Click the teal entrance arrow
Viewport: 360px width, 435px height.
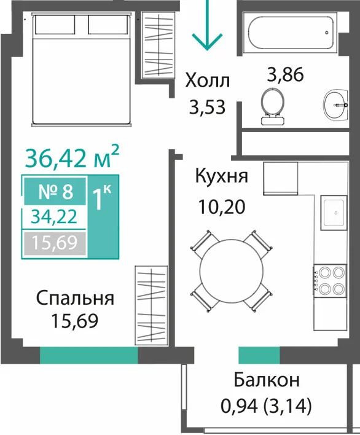pyautogui.click(x=208, y=25)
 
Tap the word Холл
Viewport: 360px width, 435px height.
pyautogui.click(x=208, y=80)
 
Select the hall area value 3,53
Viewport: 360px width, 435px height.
pyautogui.click(x=207, y=107)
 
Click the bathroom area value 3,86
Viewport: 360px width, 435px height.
pyautogui.click(x=286, y=74)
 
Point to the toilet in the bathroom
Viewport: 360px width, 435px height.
pyautogui.click(x=273, y=106)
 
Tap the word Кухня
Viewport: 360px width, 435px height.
pyautogui.click(x=221, y=176)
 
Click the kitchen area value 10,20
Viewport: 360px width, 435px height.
pyautogui.click(x=222, y=206)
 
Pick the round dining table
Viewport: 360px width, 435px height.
pyautogui.click(x=232, y=271)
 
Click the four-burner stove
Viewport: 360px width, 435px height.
pyautogui.click(x=330, y=281)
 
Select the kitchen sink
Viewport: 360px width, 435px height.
pyautogui.click(x=334, y=213)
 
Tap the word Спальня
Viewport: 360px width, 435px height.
pyautogui.click(x=75, y=299)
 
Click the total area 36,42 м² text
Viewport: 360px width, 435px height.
pyautogui.click(x=72, y=157)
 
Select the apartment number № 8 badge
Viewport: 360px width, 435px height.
pyautogui.click(x=55, y=191)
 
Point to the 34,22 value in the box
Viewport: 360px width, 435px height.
pyautogui.click(x=54, y=217)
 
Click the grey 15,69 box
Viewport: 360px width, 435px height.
pyautogui.click(x=55, y=243)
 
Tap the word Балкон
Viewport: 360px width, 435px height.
pyautogui.click(x=267, y=380)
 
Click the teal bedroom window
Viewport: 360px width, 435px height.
pyautogui.click(x=88, y=355)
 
